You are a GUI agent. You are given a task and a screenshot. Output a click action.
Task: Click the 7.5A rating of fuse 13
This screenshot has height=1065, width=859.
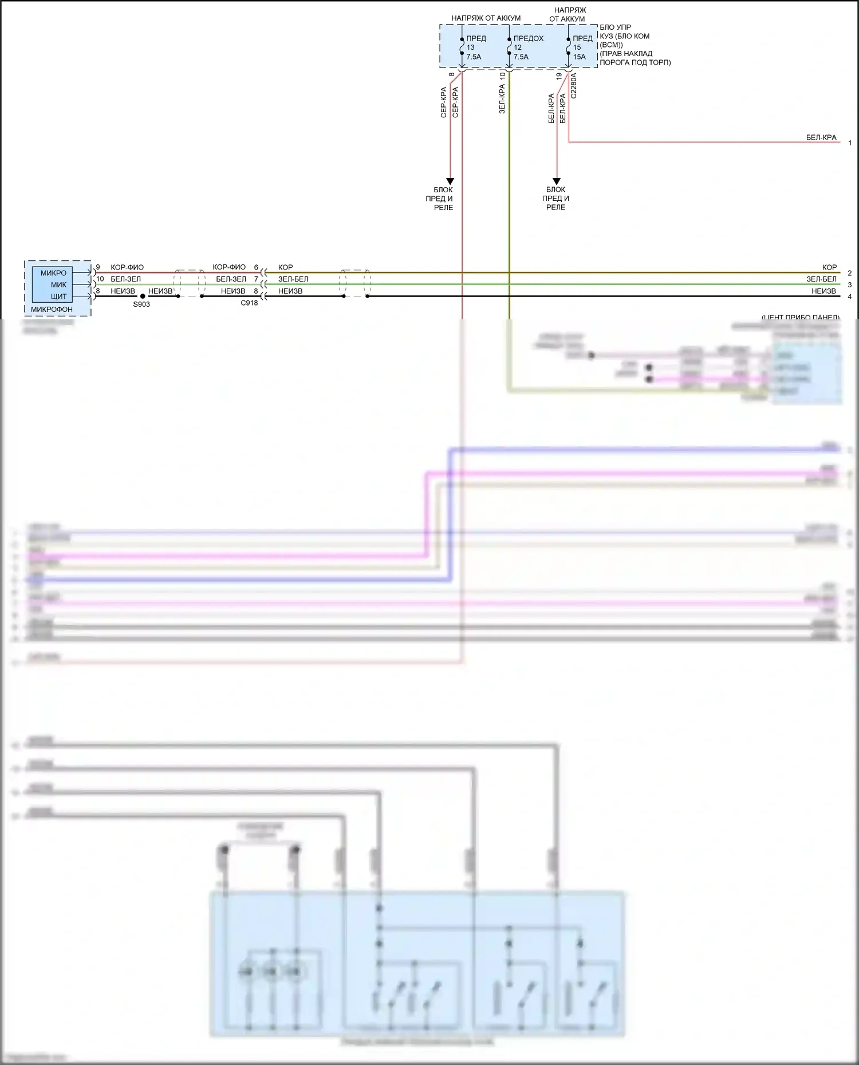[x=474, y=57]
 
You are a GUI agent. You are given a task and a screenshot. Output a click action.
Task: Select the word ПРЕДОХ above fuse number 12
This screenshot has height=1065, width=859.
[x=528, y=38]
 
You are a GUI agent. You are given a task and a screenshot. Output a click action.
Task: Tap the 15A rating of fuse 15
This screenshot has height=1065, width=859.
[x=580, y=57]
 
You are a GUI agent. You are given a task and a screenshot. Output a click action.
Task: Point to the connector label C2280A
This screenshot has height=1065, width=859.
[x=574, y=86]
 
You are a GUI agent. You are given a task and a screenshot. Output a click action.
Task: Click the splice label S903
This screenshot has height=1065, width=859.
[x=141, y=304]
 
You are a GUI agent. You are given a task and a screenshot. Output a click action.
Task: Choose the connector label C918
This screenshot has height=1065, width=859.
[x=249, y=303]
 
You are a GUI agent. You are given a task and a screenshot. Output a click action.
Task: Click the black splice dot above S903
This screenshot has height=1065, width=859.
[x=143, y=296]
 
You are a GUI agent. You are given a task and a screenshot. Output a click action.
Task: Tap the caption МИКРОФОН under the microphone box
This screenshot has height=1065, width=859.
[x=52, y=310]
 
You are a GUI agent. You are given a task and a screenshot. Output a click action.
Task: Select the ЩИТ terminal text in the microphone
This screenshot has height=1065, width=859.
[x=59, y=296]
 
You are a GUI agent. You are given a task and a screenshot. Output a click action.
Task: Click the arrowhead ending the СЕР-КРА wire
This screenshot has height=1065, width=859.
[x=450, y=181]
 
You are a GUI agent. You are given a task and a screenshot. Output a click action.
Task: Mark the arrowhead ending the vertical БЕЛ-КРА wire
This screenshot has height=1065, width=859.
[x=556, y=181]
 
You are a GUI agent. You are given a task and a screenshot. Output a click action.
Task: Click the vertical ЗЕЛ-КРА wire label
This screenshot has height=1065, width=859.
[x=502, y=99]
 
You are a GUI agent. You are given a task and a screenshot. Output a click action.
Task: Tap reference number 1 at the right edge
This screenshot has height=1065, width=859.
[x=850, y=143]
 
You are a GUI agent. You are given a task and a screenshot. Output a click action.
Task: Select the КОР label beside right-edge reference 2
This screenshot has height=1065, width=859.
[x=829, y=267]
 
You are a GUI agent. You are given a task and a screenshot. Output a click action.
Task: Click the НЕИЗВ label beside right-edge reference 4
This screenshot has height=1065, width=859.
[x=823, y=291]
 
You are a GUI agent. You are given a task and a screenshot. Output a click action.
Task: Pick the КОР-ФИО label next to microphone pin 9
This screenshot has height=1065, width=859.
[x=127, y=267]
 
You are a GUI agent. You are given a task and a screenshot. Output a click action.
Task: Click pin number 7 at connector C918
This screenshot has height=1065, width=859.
[x=256, y=279]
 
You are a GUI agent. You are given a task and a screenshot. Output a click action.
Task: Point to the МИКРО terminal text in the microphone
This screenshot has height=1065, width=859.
[x=53, y=273]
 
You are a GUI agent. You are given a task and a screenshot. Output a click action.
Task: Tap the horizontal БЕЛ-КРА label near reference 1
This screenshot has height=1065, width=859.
[x=821, y=137]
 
